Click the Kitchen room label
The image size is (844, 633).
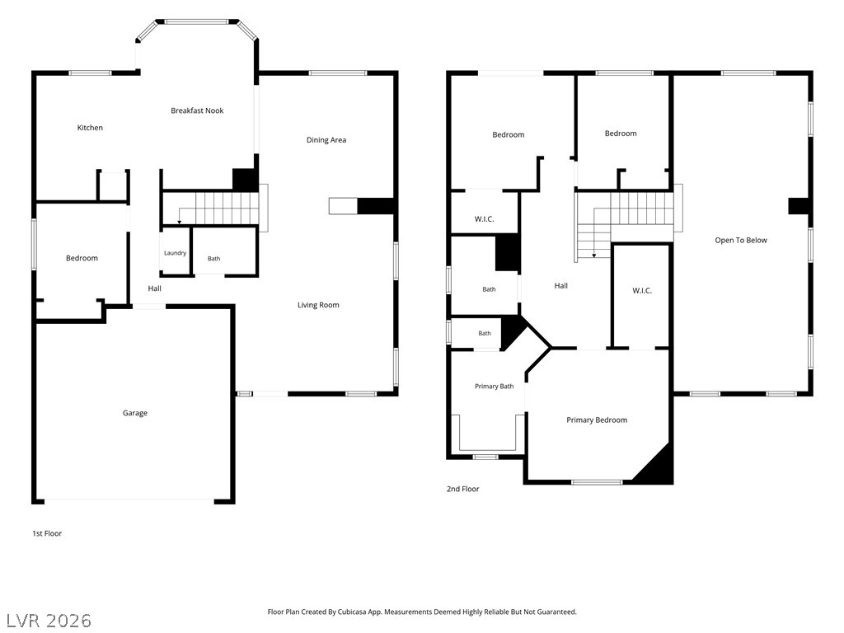[90, 128]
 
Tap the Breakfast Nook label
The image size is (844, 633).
[197, 110]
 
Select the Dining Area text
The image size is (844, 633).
[326, 140]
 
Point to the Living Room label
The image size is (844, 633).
[318, 305]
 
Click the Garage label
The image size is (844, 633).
[134, 413]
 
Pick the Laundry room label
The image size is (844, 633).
[175, 253]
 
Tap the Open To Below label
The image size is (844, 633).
[741, 240]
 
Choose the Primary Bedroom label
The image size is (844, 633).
[597, 420]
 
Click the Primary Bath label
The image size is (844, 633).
[495, 387]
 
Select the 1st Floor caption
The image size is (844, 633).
[47, 533]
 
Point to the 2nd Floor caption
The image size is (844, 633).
[462, 489]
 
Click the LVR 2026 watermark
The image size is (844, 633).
[47, 620]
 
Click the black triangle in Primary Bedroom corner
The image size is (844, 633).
[660, 467]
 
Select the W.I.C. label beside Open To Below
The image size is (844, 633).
[641, 291]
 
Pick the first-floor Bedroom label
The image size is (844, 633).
[82, 258]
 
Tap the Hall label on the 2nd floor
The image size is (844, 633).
[560, 286]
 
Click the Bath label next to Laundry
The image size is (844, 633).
[213, 258]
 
